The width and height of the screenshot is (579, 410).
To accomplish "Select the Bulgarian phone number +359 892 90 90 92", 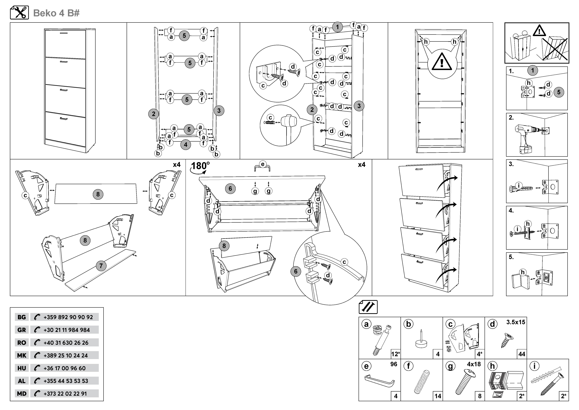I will [68, 317].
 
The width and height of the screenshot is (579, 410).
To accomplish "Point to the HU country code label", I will [22, 368].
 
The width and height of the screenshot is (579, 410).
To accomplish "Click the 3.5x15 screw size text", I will [516, 322].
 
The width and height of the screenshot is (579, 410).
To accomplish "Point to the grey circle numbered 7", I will [101, 266].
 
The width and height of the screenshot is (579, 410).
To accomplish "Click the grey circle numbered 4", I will [186, 145].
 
